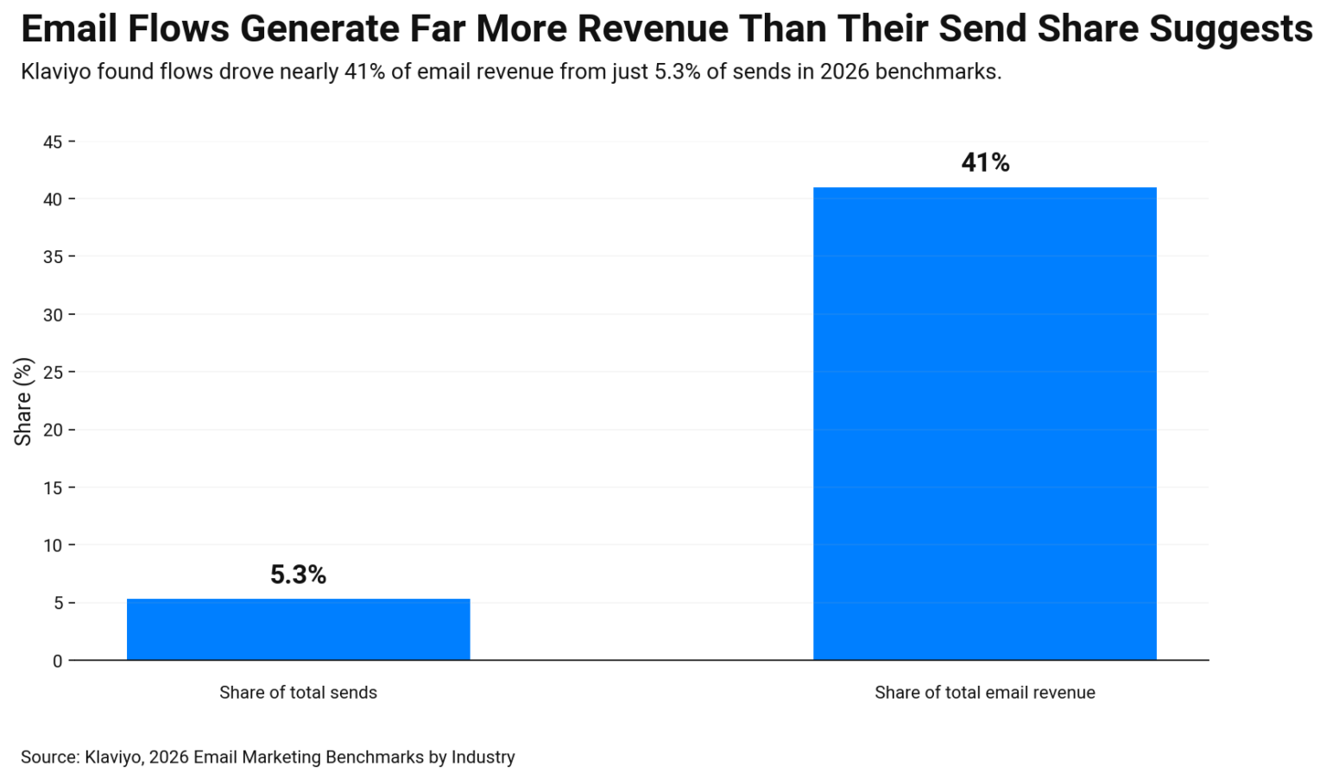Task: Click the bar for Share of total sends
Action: click(x=298, y=629)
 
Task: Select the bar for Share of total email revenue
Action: click(x=984, y=423)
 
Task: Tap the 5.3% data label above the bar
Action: click(x=298, y=575)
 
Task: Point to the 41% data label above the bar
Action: click(x=985, y=162)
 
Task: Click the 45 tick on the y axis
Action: click(x=53, y=141)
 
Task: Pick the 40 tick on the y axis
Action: click(x=53, y=199)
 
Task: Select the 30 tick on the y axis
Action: click(x=53, y=315)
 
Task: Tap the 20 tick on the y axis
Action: click(x=53, y=430)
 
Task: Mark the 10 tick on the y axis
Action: click(x=53, y=545)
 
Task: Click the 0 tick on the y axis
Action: click(x=57, y=661)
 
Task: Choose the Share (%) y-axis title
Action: click(x=23, y=401)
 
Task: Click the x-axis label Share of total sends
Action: click(x=298, y=692)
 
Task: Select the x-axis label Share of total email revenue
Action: click(x=984, y=692)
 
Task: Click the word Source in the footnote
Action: click(x=49, y=757)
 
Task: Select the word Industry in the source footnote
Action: click(x=483, y=757)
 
